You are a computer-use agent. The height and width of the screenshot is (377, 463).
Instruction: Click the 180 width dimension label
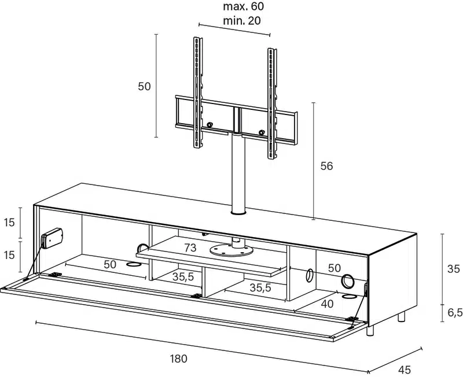[179, 358]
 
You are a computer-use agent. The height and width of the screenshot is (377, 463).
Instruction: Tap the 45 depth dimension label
[404, 369]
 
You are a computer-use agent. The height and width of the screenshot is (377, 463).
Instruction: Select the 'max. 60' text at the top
[243, 6]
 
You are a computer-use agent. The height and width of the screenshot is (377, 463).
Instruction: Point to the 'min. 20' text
[242, 21]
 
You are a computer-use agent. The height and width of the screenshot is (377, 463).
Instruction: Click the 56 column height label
[326, 166]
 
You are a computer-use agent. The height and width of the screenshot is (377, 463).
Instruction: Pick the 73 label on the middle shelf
[190, 248]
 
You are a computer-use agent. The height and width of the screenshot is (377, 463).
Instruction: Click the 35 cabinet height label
[454, 269]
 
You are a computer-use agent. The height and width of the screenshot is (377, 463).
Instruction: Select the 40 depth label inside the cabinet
[327, 304]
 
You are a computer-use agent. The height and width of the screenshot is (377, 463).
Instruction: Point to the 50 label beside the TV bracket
[144, 86]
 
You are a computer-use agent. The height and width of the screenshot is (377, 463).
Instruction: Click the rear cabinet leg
[402, 317]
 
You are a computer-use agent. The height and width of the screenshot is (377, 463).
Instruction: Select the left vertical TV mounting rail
[197, 93]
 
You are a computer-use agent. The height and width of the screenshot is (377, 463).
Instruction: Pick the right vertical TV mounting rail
[272, 104]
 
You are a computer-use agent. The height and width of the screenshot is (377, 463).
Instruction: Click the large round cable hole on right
[348, 281]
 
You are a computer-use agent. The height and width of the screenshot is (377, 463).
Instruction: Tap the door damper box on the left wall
[52, 238]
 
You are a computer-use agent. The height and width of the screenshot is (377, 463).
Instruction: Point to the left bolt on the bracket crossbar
[210, 125]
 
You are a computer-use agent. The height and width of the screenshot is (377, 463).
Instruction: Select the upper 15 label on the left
[9, 222]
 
